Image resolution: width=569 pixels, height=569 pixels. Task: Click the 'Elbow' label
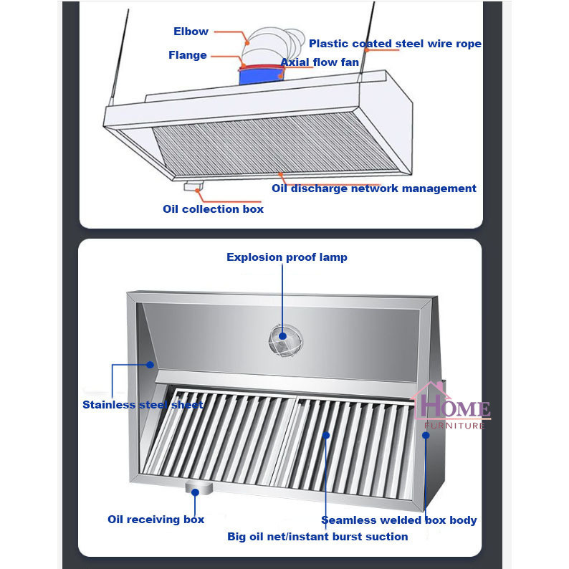[x=191, y=32]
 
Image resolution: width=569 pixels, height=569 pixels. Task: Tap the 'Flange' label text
[x=188, y=55]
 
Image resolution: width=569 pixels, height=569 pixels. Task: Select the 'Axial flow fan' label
[x=319, y=62]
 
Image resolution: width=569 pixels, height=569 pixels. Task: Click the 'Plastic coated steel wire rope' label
[x=395, y=44]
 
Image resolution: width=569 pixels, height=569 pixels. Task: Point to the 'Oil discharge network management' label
[x=373, y=188]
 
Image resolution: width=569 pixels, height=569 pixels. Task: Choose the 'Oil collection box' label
[x=213, y=209]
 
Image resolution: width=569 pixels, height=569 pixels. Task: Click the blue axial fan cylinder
[x=259, y=75]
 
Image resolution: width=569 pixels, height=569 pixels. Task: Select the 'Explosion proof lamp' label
[x=287, y=257]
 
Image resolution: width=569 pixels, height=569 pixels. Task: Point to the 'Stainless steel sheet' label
[x=143, y=405]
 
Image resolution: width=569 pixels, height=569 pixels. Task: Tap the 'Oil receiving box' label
[x=156, y=520]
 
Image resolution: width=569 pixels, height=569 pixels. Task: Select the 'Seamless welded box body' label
[x=398, y=520]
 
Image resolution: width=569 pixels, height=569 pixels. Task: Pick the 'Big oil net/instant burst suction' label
[x=317, y=537]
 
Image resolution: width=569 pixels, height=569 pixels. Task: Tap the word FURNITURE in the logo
[x=455, y=426]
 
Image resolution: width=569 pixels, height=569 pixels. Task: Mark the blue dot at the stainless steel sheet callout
[x=150, y=365]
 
